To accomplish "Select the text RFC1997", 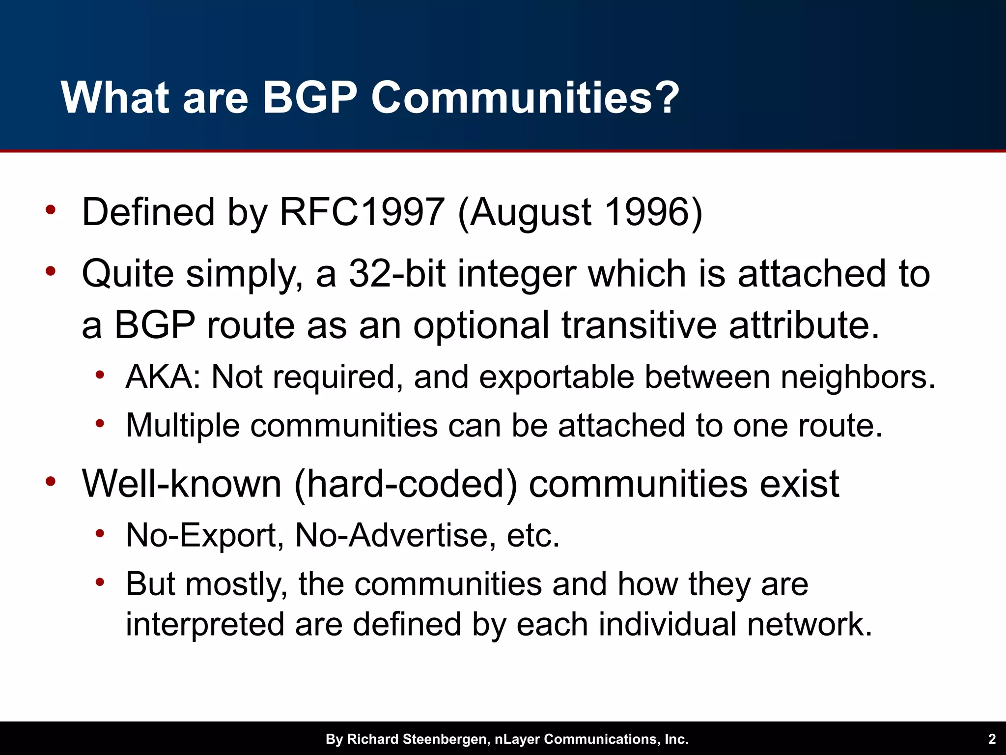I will tap(362, 212).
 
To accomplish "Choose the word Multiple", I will tap(183, 426).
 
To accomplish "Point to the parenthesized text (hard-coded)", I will tap(406, 484).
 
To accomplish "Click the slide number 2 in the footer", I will tap(992, 739).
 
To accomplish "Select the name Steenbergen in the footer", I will tap(445, 739).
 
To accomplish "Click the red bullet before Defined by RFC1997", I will tap(51, 210).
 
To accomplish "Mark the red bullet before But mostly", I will tap(100, 582).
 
